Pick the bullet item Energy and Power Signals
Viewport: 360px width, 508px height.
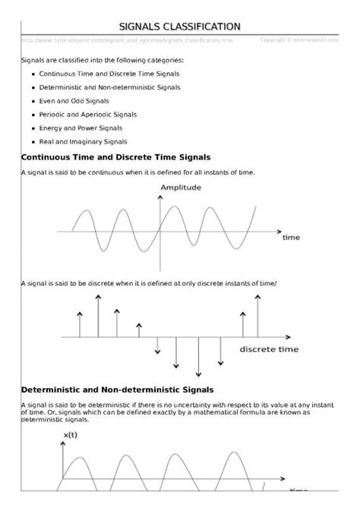click(79, 128)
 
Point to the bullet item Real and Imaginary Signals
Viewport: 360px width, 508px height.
click(83, 141)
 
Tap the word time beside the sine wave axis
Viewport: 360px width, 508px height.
click(292, 238)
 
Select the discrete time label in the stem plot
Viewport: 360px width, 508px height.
click(269, 350)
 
